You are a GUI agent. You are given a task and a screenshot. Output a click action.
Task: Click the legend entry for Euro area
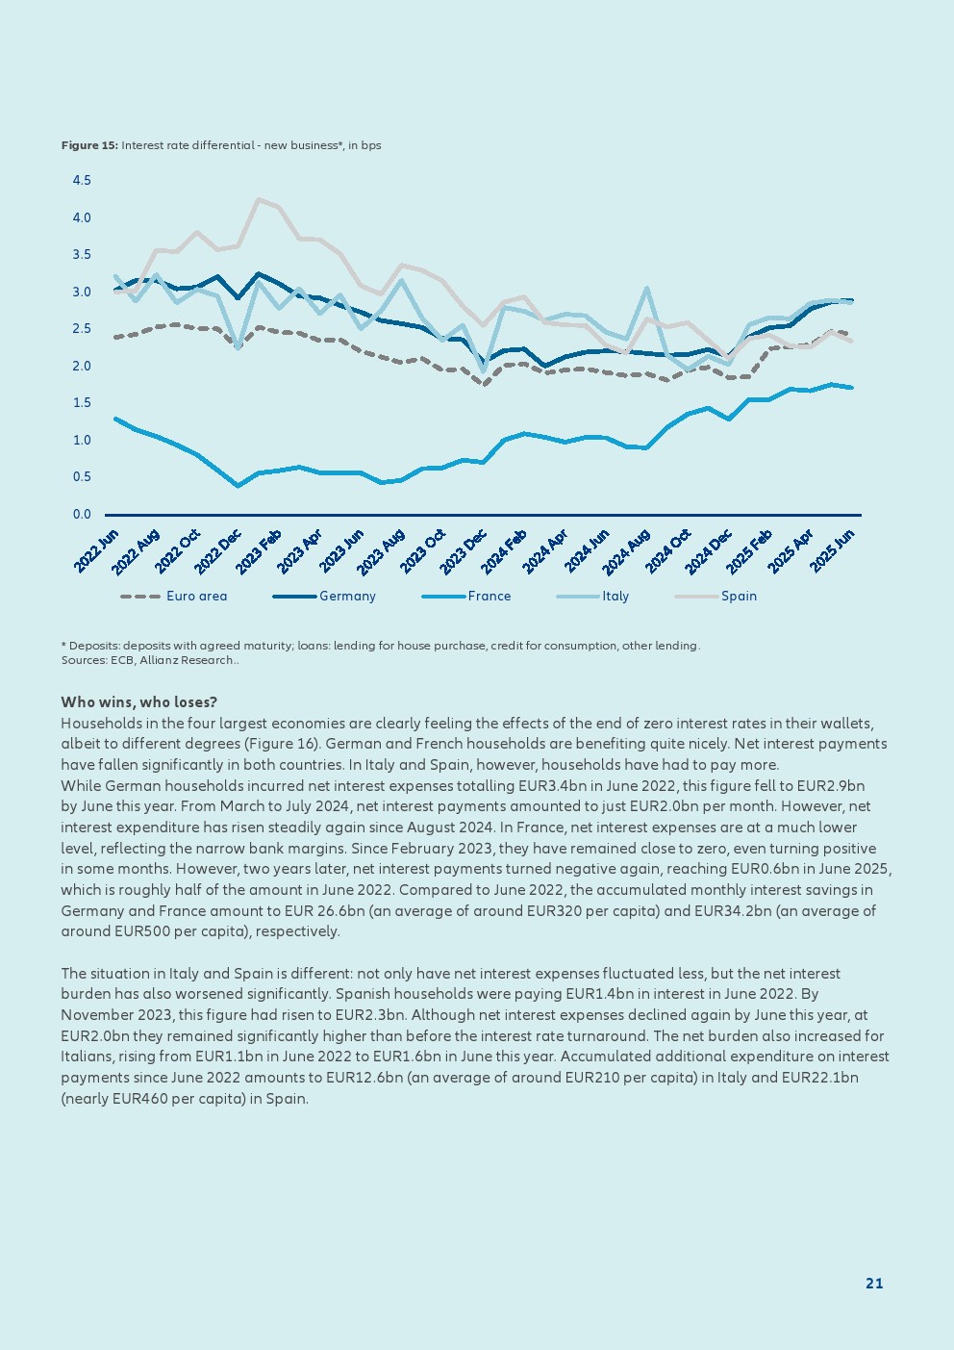point(196,597)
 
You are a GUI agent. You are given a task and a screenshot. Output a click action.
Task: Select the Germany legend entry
point(347,597)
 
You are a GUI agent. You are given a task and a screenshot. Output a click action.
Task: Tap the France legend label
point(489,597)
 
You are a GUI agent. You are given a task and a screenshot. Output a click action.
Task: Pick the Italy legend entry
point(615,597)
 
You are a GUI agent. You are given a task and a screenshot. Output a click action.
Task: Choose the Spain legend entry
point(739,597)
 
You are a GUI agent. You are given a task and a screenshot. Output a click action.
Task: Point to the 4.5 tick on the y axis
point(82,181)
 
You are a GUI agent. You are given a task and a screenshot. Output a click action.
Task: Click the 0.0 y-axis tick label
point(82,515)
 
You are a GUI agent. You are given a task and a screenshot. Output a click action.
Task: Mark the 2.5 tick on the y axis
point(82,329)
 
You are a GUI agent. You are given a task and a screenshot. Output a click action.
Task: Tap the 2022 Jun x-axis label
point(96,551)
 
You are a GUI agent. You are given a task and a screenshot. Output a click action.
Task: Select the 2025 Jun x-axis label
point(833,551)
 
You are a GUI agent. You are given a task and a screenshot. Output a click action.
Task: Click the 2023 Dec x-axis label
point(464,551)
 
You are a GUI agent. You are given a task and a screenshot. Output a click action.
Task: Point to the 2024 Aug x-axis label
point(627,551)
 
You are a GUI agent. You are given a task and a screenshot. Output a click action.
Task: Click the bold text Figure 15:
point(89,145)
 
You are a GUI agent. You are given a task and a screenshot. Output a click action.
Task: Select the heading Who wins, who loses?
point(138,702)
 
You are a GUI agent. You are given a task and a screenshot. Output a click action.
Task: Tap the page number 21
point(874,1284)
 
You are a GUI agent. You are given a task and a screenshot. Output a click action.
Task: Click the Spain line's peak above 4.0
point(259,199)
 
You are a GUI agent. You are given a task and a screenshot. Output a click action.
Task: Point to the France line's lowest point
point(238,486)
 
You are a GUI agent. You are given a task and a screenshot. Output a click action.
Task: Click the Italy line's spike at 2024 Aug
point(647,288)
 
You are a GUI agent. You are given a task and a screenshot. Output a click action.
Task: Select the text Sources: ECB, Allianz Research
point(149,660)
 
